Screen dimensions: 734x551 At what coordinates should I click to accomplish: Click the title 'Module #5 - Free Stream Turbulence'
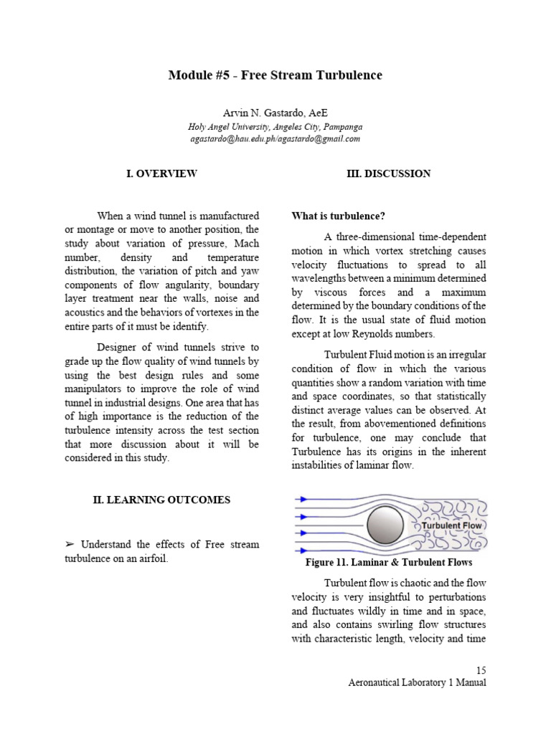[275, 75]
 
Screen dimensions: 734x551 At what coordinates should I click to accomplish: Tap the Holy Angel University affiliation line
[275, 127]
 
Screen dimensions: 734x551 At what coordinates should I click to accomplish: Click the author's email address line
[275, 138]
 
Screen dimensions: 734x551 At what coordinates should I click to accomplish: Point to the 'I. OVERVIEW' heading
[162, 173]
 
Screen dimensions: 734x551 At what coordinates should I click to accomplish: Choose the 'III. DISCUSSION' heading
[389, 173]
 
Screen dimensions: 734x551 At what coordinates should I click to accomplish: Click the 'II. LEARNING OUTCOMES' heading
[161, 500]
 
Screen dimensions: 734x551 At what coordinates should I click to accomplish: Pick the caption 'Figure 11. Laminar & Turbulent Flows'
[389, 563]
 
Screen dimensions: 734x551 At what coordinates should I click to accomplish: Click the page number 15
[481, 669]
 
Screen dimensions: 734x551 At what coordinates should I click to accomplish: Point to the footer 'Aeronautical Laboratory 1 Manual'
[416, 682]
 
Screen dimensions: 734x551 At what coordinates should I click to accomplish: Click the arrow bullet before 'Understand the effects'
[70, 545]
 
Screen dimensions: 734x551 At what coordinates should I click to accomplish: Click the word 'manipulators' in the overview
[95, 389]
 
